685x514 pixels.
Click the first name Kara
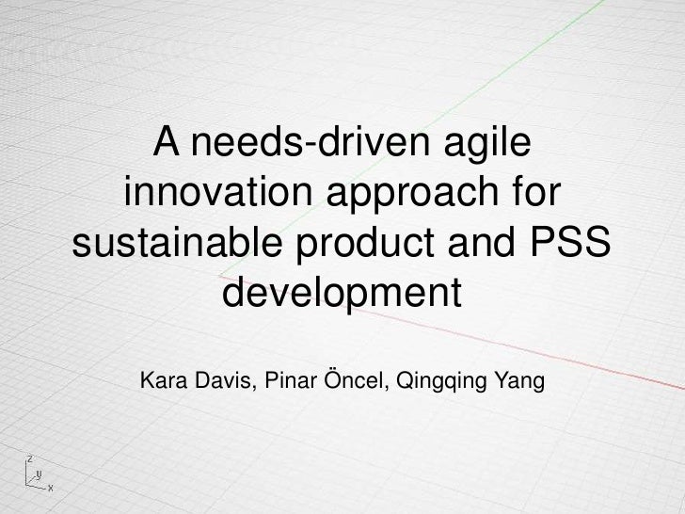pyautogui.click(x=163, y=383)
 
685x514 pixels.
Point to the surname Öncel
pyautogui.click(x=356, y=383)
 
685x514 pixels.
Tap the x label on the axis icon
pyautogui.click(x=50, y=489)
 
